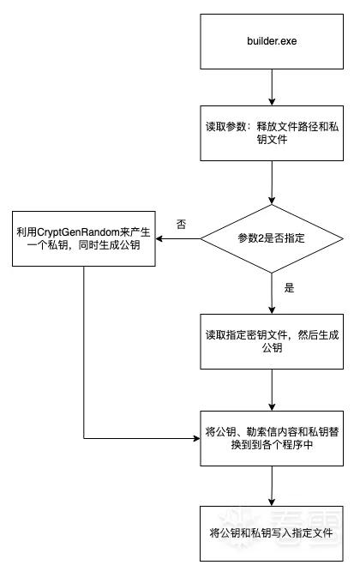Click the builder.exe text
(x=272, y=41)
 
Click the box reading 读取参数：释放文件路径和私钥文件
(x=272, y=133)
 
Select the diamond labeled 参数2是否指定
(x=272, y=238)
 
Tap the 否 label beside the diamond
(x=181, y=224)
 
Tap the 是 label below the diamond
(x=289, y=288)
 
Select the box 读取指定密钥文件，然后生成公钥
(x=272, y=341)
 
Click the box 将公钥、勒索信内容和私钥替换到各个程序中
(x=272, y=438)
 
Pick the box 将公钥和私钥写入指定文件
(x=272, y=533)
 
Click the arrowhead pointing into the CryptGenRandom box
(x=159, y=239)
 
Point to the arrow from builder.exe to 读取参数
(x=272, y=87)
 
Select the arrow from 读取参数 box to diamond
(x=272, y=183)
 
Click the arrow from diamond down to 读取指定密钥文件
(x=272, y=293)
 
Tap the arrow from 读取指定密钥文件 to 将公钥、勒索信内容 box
(x=272, y=390)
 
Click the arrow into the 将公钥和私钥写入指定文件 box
(x=272, y=486)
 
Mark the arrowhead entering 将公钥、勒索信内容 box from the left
(x=196, y=438)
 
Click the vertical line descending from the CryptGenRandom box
(x=84, y=352)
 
